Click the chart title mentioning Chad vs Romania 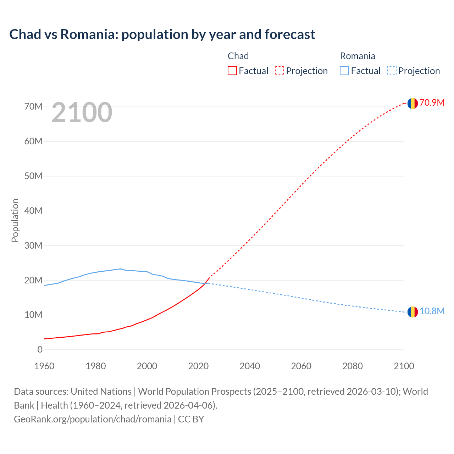162,34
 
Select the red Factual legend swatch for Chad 232,71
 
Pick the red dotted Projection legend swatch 279,71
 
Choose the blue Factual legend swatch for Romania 344,71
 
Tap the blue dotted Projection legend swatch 392,71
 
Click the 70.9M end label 432,103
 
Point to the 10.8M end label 432,311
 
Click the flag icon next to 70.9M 413,103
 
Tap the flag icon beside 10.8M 413,312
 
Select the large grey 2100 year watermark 82,112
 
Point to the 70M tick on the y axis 33,106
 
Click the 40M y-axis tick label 33,211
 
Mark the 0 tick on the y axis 40,349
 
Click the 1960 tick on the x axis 44,366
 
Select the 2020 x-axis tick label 198,366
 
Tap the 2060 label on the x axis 301,366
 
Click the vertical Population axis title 15,220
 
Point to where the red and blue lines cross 206,283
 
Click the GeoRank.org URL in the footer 93,419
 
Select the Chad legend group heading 238,56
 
